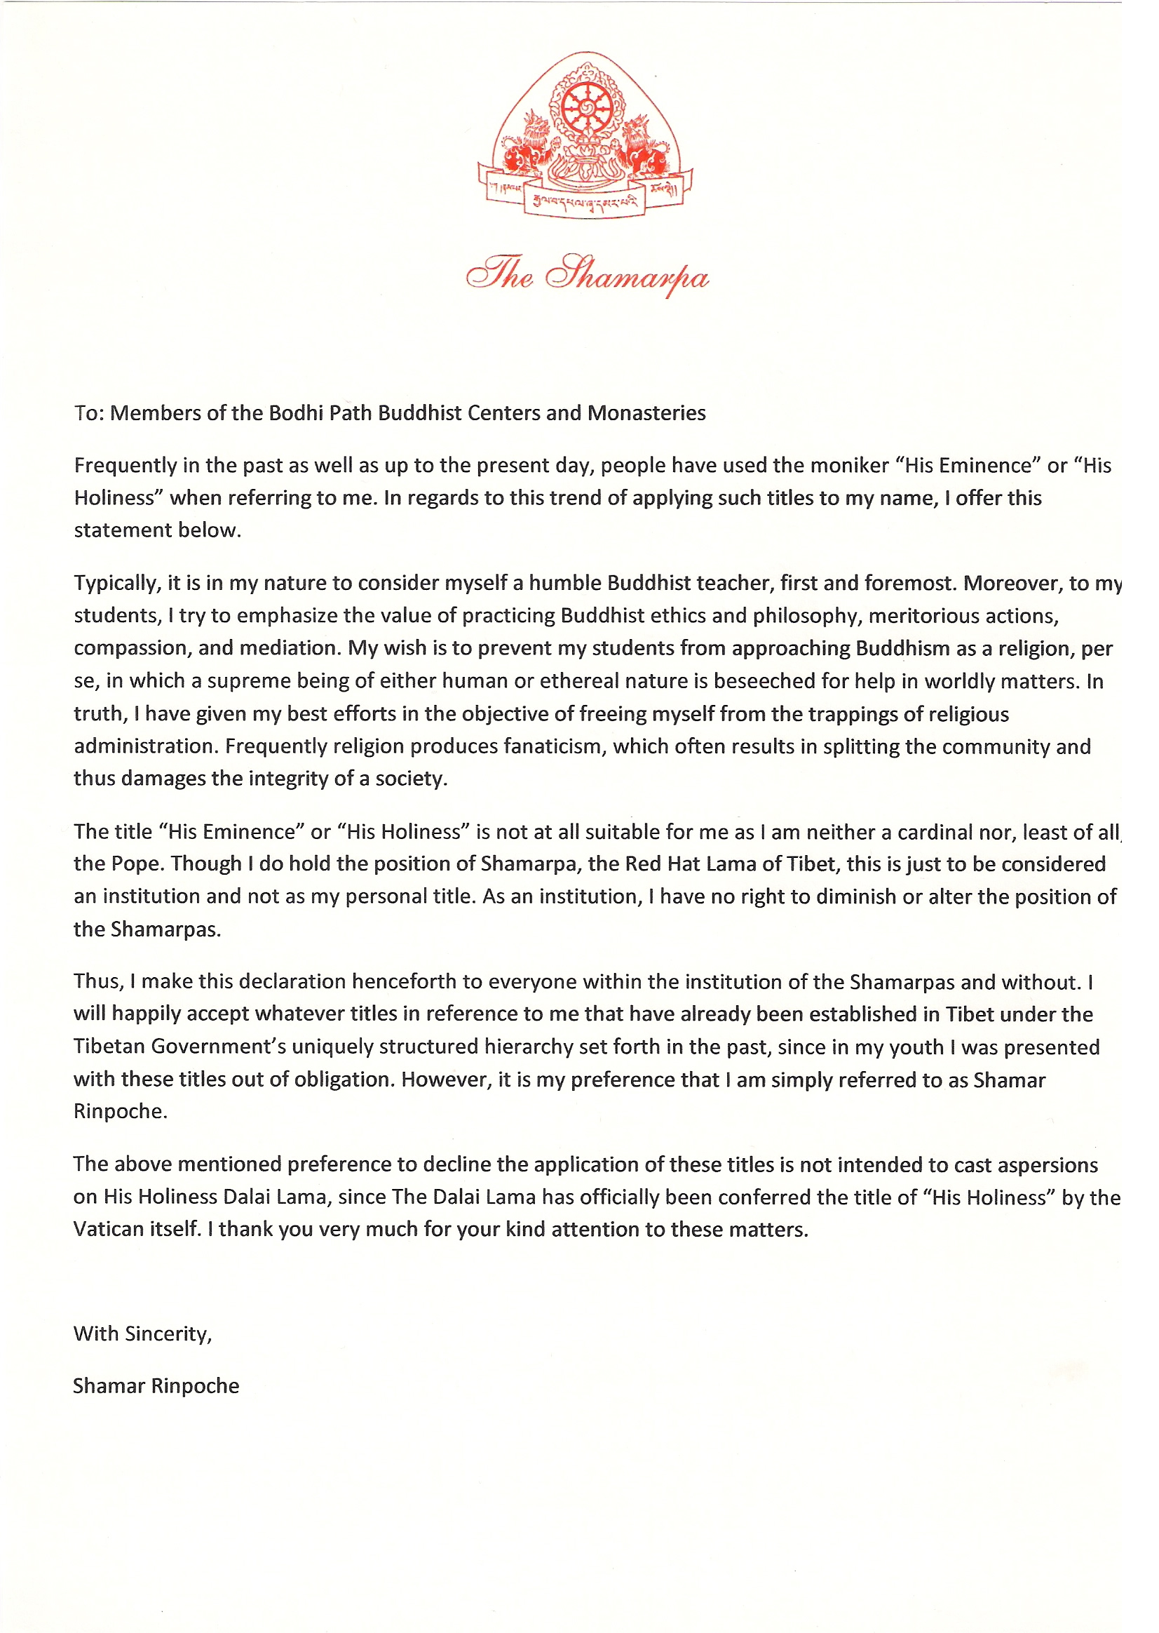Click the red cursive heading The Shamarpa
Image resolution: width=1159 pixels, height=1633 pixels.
coord(587,275)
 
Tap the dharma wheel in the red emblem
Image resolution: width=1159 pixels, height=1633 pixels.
coord(586,109)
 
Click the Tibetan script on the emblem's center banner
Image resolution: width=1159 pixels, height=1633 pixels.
coord(585,201)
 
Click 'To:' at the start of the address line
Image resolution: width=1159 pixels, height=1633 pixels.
coord(89,413)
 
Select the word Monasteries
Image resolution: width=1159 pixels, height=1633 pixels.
coord(646,413)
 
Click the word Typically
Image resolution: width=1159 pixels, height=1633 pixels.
coord(116,584)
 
